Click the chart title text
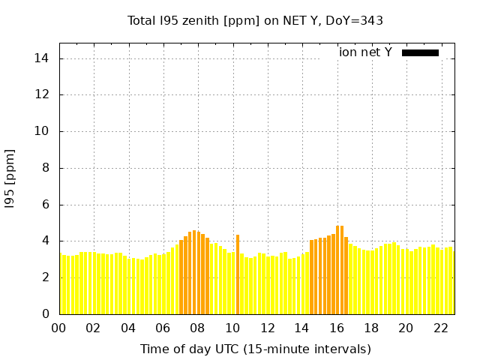[255, 21]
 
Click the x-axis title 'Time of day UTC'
[255, 349]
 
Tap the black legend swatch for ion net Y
[420, 52]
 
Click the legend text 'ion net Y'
[365, 52]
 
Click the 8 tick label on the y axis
[46, 168]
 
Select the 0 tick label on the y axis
[46, 313]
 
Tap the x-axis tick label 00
[58, 328]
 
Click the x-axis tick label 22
[440, 328]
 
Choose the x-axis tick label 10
[232, 328]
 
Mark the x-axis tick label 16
[336, 328]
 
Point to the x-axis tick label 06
[163, 328]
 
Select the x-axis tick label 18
[370, 328]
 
